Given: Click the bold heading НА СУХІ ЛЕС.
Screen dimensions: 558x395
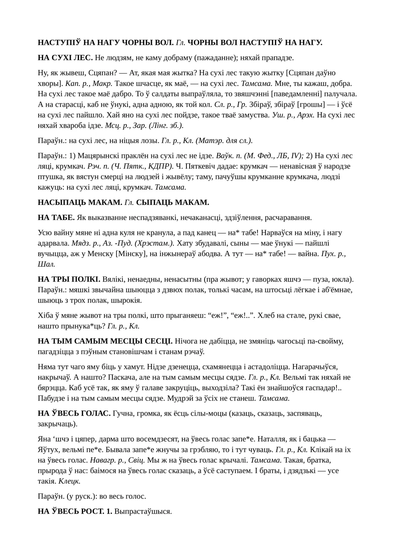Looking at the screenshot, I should click(65, 58).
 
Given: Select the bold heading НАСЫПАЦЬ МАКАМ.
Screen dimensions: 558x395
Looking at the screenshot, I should click(80, 202).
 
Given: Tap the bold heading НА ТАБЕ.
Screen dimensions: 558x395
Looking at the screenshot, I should click(56, 218).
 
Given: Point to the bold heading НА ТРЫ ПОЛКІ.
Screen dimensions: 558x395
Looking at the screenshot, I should click(69, 279).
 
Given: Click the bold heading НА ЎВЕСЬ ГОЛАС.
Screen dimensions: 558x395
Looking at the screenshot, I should click(74, 413).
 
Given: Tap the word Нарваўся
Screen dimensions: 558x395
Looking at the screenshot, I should click(285, 233).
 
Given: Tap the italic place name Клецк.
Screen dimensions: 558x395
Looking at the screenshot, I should click(69, 481).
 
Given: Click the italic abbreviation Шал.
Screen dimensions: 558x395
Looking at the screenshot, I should click(46, 264).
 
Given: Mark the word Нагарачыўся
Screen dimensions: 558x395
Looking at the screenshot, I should click(324, 366).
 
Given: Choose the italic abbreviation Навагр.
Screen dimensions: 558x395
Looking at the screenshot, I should click(103, 460).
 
